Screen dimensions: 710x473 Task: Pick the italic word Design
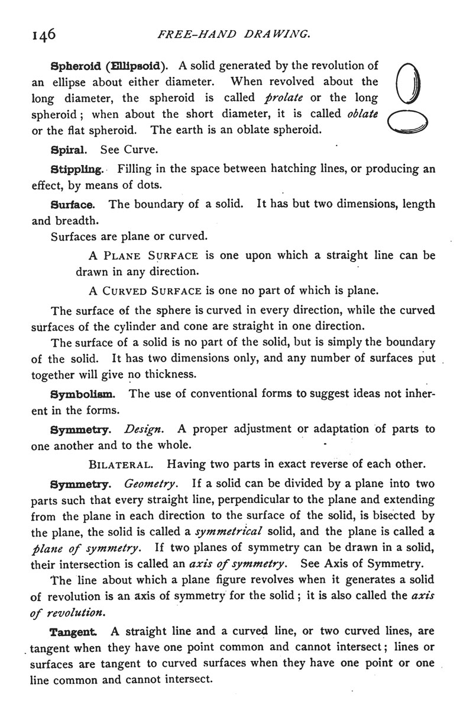click(x=144, y=428)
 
